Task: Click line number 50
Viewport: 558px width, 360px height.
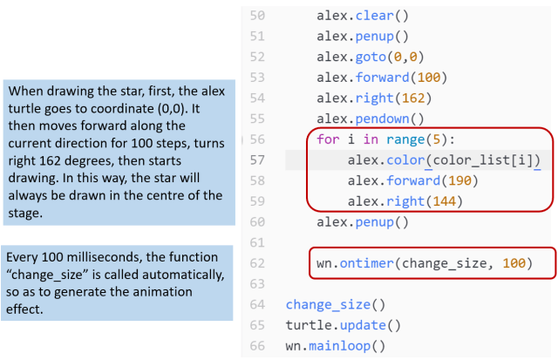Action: click(257, 16)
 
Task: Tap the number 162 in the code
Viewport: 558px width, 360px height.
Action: click(413, 98)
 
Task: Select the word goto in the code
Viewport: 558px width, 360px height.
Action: click(371, 57)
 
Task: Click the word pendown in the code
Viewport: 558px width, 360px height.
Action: click(382, 119)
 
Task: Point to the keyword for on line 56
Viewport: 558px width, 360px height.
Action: click(328, 139)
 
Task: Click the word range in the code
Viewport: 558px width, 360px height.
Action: click(405, 139)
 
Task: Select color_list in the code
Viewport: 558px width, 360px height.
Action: click(471, 160)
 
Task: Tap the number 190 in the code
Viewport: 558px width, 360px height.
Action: click(459, 180)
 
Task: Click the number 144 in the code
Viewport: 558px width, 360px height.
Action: click(444, 201)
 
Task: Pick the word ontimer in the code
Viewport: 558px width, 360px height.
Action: click(366, 263)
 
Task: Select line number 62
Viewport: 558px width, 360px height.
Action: click(257, 263)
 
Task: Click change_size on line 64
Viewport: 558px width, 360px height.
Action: click(328, 305)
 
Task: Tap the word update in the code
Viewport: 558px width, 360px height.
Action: click(363, 325)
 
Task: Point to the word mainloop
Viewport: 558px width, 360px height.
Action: click(339, 346)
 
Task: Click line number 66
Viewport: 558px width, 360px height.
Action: click(257, 346)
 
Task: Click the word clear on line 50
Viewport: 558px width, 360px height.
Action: click(374, 16)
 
